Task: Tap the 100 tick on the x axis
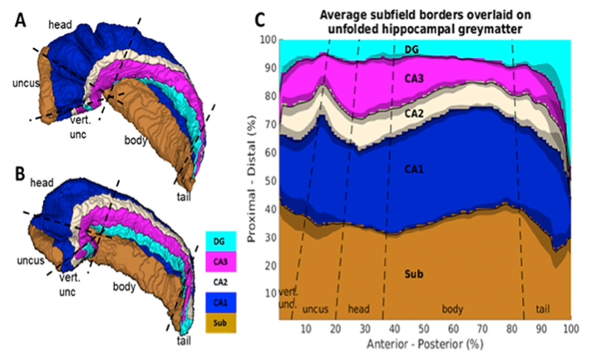point(569,329)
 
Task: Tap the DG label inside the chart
point(412,52)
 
